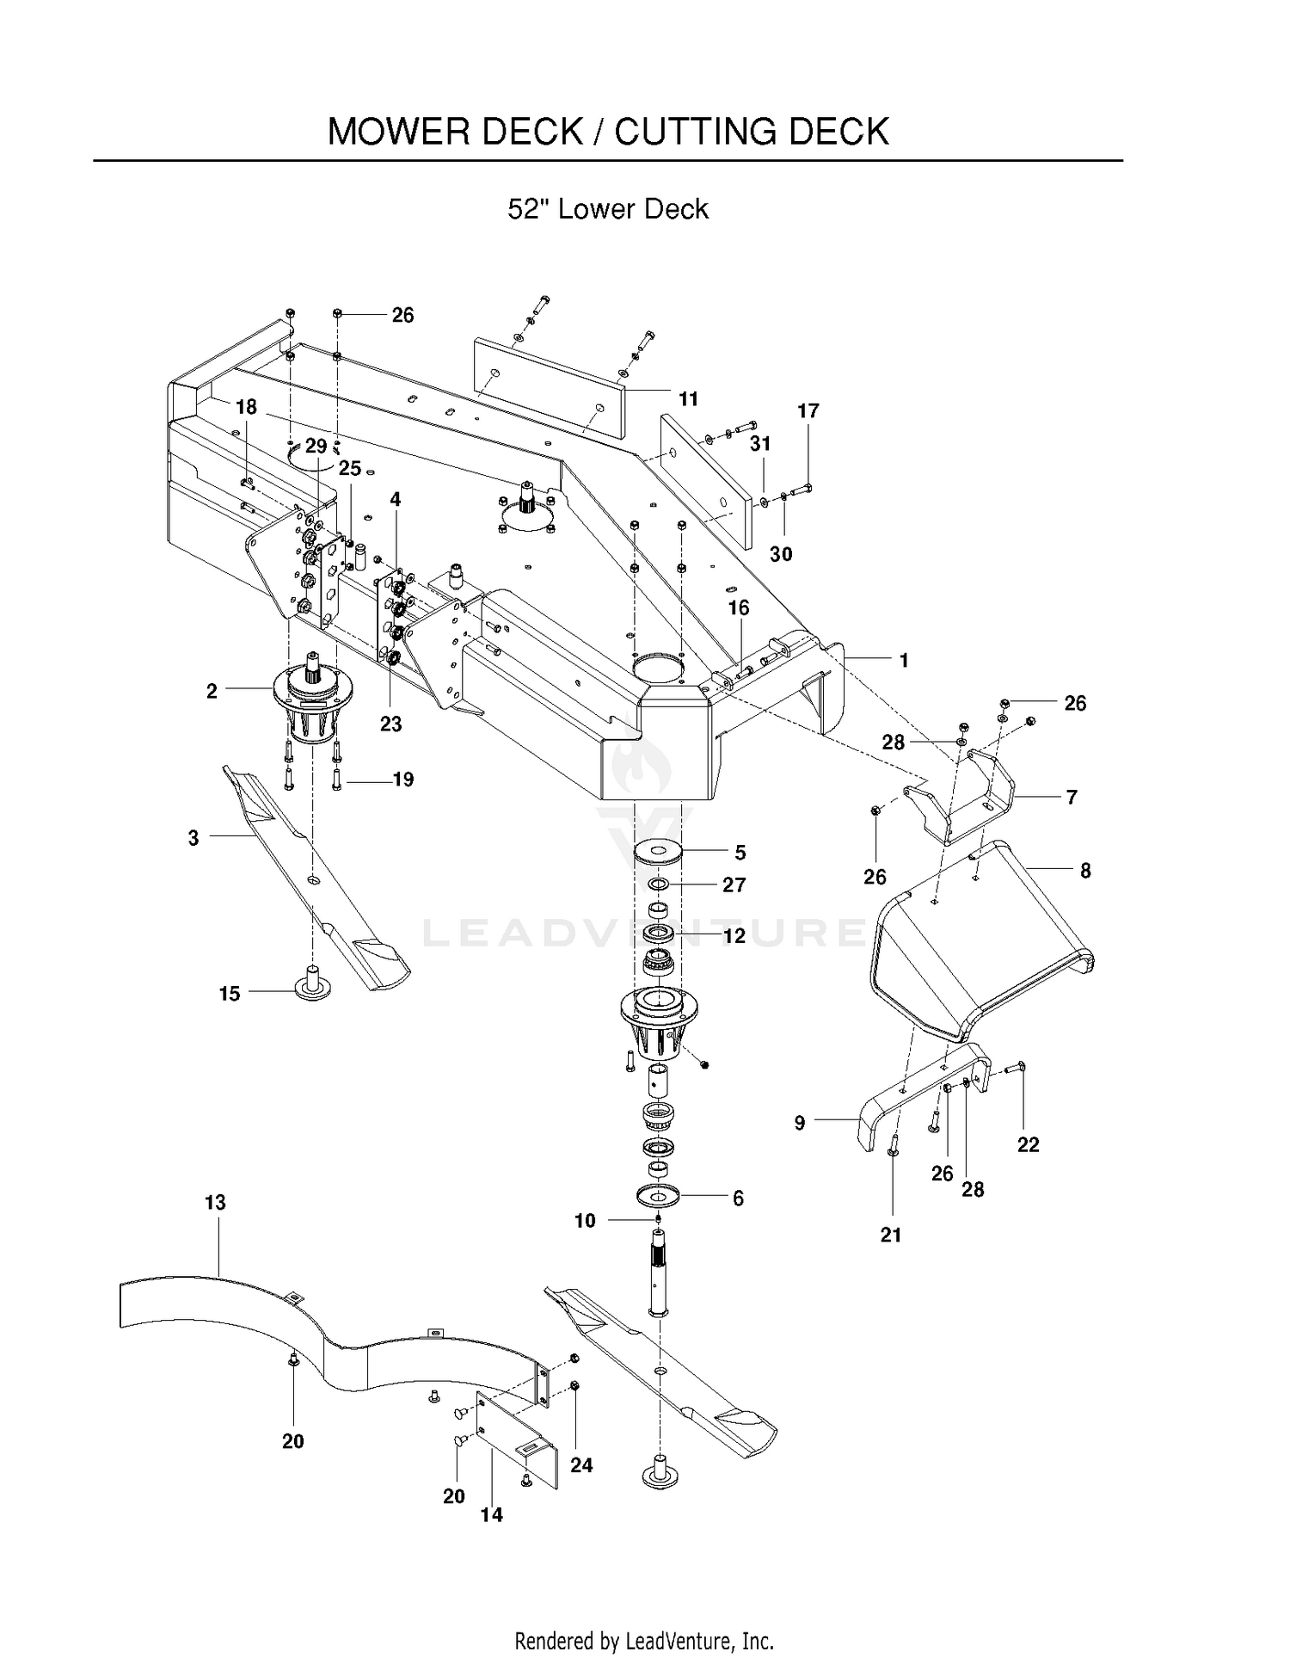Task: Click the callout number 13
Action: pyautogui.click(x=215, y=1202)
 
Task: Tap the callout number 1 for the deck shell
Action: pyautogui.click(x=904, y=660)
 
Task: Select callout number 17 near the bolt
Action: pyautogui.click(x=808, y=410)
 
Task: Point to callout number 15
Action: pyautogui.click(x=230, y=994)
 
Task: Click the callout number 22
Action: pyautogui.click(x=1029, y=1144)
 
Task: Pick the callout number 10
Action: pyautogui.click(x=585, y=1220)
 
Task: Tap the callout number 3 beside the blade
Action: pyautogui.click(x=193, y=837)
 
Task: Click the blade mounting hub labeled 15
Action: pyautogui.click(x=313, y=985)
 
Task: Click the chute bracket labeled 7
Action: pyautogui.click(x=959, y=796)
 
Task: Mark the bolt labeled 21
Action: pyautogui.click(x=893, y=1145)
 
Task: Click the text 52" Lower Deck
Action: pyautogui.click(x=608, y=209)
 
